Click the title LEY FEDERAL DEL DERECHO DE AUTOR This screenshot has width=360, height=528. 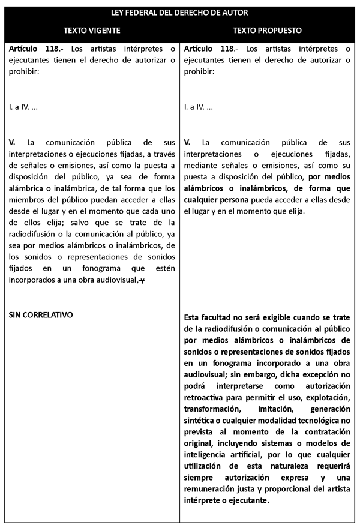180,12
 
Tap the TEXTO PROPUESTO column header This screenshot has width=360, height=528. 268,29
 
